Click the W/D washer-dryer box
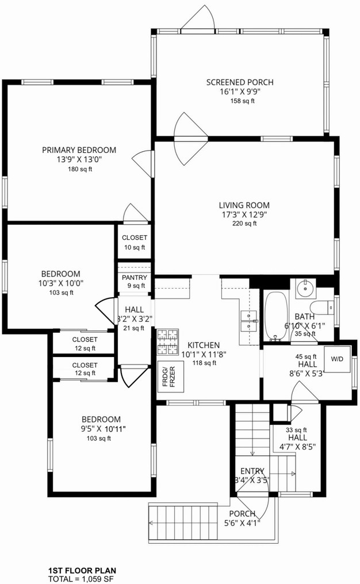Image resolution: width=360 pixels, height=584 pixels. (337, 359)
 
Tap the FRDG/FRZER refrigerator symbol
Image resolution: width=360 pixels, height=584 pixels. (171, 376)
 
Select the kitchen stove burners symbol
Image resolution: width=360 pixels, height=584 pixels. (167, 342)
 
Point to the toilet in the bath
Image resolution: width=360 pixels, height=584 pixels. (323, 308)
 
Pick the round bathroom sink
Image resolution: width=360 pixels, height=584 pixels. (305, 288)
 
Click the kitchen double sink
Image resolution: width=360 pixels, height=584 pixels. (249, 321)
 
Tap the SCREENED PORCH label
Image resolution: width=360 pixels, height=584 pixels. (240, 82)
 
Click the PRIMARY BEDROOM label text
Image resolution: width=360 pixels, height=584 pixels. (79, 150)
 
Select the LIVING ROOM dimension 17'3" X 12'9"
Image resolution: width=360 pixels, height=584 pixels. (244, 214)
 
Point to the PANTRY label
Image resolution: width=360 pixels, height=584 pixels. (135, 278)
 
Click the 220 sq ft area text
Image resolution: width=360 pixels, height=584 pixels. (244, 224)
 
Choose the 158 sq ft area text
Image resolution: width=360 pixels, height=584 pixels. (242, 101)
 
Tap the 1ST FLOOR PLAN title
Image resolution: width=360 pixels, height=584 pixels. (82, 571)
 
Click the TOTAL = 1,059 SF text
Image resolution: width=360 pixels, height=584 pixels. (81, 579)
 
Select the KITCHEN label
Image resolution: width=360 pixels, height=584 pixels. (204, 345)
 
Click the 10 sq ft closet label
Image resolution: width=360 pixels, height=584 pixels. (135, 248)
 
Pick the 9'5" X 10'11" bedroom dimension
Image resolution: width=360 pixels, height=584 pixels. (104, 429)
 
